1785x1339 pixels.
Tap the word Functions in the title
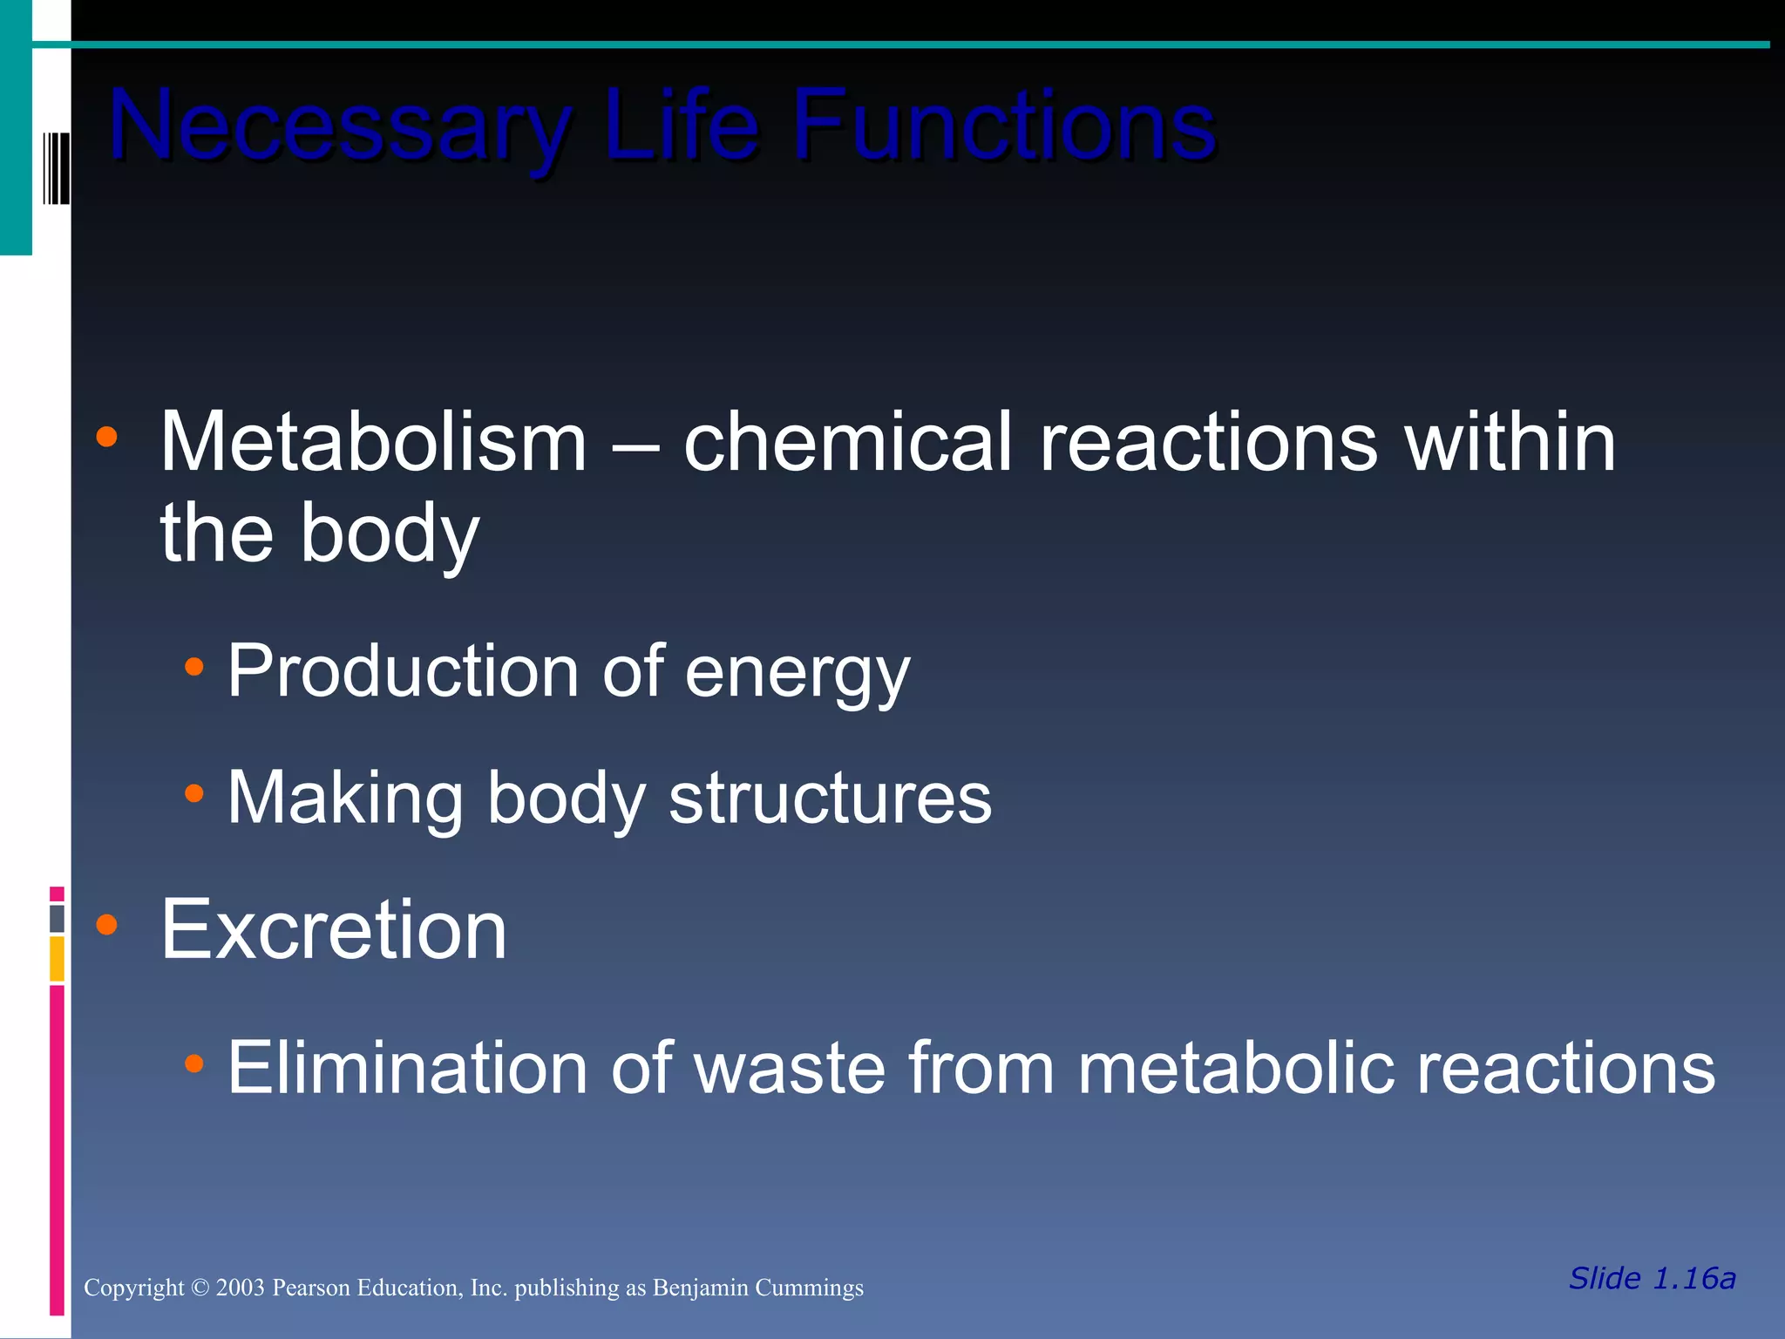tap(1003, 126)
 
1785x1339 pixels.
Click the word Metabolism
tap(373, 442)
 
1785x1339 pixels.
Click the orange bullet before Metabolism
tap(106, 437)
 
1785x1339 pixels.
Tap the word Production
tap(403, 671)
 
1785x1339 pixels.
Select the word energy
tap(797, 675)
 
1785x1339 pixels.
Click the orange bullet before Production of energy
tap(193, 668)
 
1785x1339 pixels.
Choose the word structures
tap(830, 798)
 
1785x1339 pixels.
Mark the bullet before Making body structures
tap(193, 793)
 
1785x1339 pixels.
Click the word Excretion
tap(333, 929)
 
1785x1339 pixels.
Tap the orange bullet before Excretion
tap(106, 924)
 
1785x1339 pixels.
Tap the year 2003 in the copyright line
tap(240, 1288)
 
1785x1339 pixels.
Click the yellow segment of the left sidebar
tap(57, 958)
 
